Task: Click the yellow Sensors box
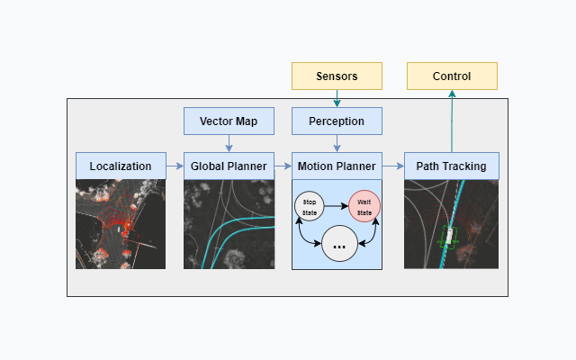coord(337,76)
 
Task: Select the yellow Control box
coord(452,76)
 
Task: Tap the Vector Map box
coord(229,121)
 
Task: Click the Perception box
coord(337,121)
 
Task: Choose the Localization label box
coord(121,166)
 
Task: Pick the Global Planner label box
coord(229,166)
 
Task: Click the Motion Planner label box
coord(337,166)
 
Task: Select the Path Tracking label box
coord(452,166)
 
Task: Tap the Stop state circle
coord(310,206)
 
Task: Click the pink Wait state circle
coord(364,206)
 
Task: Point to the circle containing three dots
coord(339,244)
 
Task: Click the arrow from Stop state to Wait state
coord(336,206)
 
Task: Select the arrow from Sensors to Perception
coord(337,98)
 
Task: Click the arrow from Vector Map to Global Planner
coord(229,144)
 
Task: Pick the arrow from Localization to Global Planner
coord(175,166)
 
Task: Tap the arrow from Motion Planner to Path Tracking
coord(393,166)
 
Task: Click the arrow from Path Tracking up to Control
coord(452,121)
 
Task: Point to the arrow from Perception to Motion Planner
coord(337,144)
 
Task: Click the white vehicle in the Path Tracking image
coord(449,236)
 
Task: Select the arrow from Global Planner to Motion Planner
coord(283,166)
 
